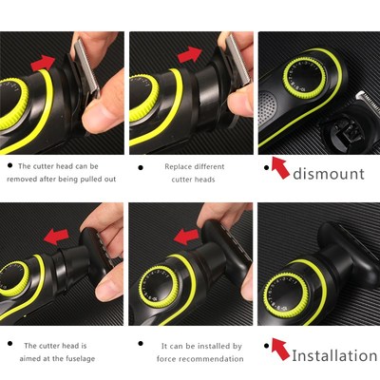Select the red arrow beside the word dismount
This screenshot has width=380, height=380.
point(278,168)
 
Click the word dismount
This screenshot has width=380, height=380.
point(329,173)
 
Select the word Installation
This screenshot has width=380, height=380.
point(334,355)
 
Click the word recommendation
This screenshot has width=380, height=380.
point(214,359)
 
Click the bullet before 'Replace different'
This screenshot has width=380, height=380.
point(141,167)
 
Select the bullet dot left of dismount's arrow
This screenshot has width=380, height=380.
point(265,166)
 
